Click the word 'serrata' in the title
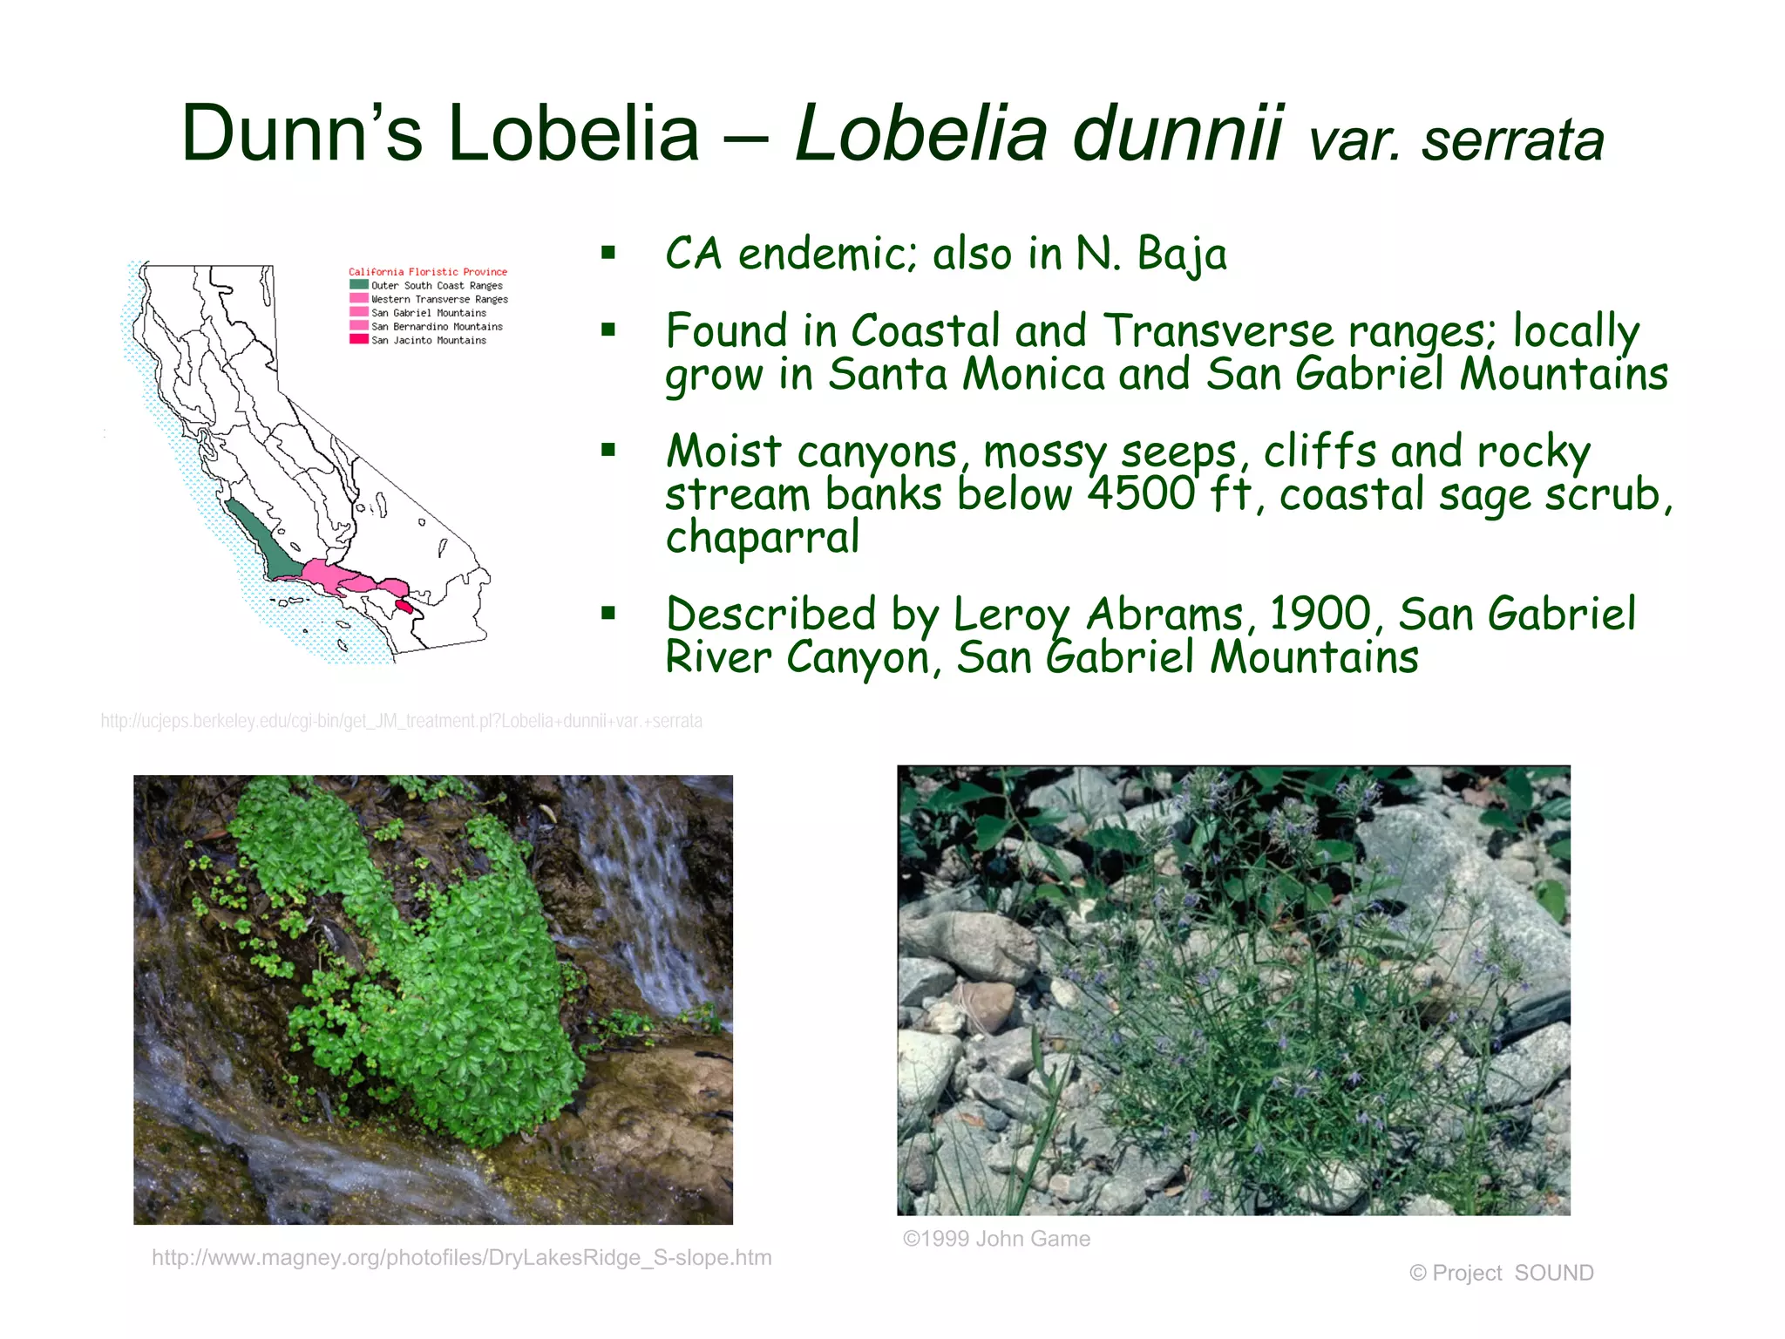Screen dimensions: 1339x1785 point(1512,140)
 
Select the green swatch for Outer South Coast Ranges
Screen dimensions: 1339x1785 point(358,284)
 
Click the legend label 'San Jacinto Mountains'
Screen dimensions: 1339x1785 point(429,340)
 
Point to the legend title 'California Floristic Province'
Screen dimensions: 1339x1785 point(427,272)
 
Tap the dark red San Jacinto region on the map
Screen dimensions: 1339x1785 point(404,605)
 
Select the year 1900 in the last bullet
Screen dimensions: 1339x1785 point(1320,614)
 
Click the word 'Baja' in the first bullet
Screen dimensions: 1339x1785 point(1182,255)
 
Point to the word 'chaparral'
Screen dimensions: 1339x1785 point(763,537)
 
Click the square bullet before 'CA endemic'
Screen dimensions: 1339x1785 point(608,254)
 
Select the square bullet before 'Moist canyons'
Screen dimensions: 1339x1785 point(608,451)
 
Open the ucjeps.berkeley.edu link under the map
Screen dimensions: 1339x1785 point(401,721)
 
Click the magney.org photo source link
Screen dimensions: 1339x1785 point(462,1257)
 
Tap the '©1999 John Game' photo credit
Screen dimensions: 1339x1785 point(996,1239)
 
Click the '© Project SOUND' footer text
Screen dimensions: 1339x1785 point(1501,1273)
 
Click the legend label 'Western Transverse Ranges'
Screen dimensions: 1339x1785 point(439,299)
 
